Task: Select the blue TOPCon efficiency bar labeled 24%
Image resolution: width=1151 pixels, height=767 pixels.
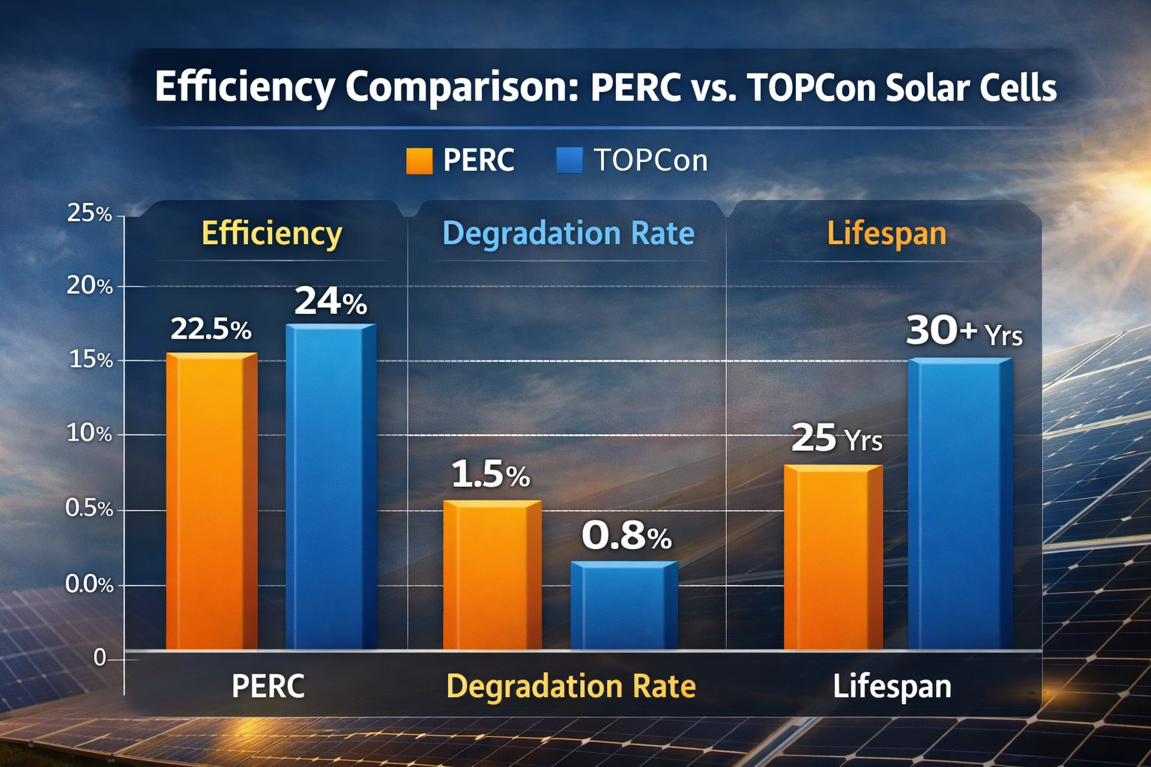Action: pyautogui.click(x=330, y=487)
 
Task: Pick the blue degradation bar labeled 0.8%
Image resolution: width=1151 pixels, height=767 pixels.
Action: pyautogui.click(x=623, y=605)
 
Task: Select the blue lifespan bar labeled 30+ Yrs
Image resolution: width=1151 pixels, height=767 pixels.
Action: pyautogui.click(x=960, y=503)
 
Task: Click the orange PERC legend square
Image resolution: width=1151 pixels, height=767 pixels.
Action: pyautogui.click(x=419, y=161)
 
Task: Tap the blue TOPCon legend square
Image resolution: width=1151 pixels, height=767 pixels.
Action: pyautogui.click(x=570, y=161)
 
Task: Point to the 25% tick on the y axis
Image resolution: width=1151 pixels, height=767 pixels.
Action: pyautogui.click(x=89, y=214)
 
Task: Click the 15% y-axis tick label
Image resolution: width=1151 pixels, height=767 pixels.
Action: pyautogui.click(x=91, y=360)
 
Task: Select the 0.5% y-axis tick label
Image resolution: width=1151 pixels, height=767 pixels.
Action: pyautogui.click(x=89, y=509)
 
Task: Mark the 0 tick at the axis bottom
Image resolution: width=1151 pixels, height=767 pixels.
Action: pyautogui.click(x=100, y=658)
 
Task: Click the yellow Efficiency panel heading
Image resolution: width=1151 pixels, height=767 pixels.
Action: pyautogui.click(x=271, y=234)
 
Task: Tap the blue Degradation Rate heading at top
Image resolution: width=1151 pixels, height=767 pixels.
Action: pyautogui.click(x=568, y=234)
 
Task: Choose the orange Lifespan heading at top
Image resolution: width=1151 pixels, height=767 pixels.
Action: pyautogui.click(x=886, y=234)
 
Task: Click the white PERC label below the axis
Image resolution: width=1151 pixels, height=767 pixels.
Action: pyautogui.click(x=268, y=686)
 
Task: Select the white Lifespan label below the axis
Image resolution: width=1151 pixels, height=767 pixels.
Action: pyautogui.click(x=892, y=686)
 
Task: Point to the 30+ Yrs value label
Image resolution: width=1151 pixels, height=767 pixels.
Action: pyautogui.click(x=964, y=331)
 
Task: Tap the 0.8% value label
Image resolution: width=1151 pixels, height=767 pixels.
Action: pyautogui.click(x=626, y=536)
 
